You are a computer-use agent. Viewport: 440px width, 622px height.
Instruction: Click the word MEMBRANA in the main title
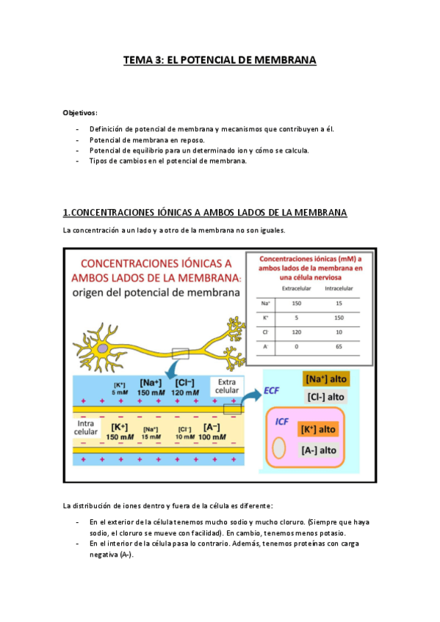(284, 61)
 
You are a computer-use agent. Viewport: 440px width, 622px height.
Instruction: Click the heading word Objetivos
(79, 112)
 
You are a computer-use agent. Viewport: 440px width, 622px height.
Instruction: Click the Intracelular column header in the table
(339, 288)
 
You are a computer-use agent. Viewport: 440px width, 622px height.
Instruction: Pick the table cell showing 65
(339, 345)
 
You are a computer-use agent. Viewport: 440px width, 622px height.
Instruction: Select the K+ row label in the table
(265, 317)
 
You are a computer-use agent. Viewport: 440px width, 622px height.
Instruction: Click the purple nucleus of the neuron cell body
(104, 349)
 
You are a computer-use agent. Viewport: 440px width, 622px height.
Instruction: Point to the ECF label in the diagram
(272, 393)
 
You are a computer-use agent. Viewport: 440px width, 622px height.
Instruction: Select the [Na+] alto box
(325, 378)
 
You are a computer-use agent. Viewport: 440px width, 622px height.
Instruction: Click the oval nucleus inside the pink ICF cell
(280, 448)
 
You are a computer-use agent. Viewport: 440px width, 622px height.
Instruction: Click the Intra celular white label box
(87, 428)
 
